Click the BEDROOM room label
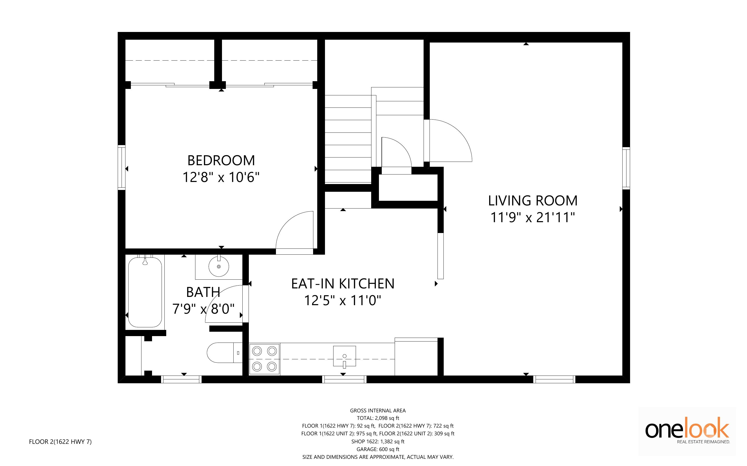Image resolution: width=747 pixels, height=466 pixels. pos(221,161)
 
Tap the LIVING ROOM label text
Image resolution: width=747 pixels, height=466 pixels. pos(533,201)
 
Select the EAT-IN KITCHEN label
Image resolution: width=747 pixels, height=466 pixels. pos(343,284)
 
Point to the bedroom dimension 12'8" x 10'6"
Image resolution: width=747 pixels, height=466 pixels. pos(221,177)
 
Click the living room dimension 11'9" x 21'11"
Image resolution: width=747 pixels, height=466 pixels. pos(533,217)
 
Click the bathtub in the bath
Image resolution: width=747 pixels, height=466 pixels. pos(145,292)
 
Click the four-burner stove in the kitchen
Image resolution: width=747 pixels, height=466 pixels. pos(264,359)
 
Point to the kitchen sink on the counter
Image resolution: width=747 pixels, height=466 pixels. pos(344,356)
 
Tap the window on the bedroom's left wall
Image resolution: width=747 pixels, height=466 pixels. pos(122,167)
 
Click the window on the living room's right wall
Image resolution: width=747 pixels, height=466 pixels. pos(626,168)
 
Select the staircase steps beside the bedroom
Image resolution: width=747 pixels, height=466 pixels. pos(348,139)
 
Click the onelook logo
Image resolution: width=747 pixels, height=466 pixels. pos(687,430)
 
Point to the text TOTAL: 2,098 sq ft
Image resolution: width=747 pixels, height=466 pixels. pos(378,418)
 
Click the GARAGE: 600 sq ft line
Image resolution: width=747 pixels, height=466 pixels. pos(378,449)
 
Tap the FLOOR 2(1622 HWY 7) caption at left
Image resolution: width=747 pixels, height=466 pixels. pos(60,442)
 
